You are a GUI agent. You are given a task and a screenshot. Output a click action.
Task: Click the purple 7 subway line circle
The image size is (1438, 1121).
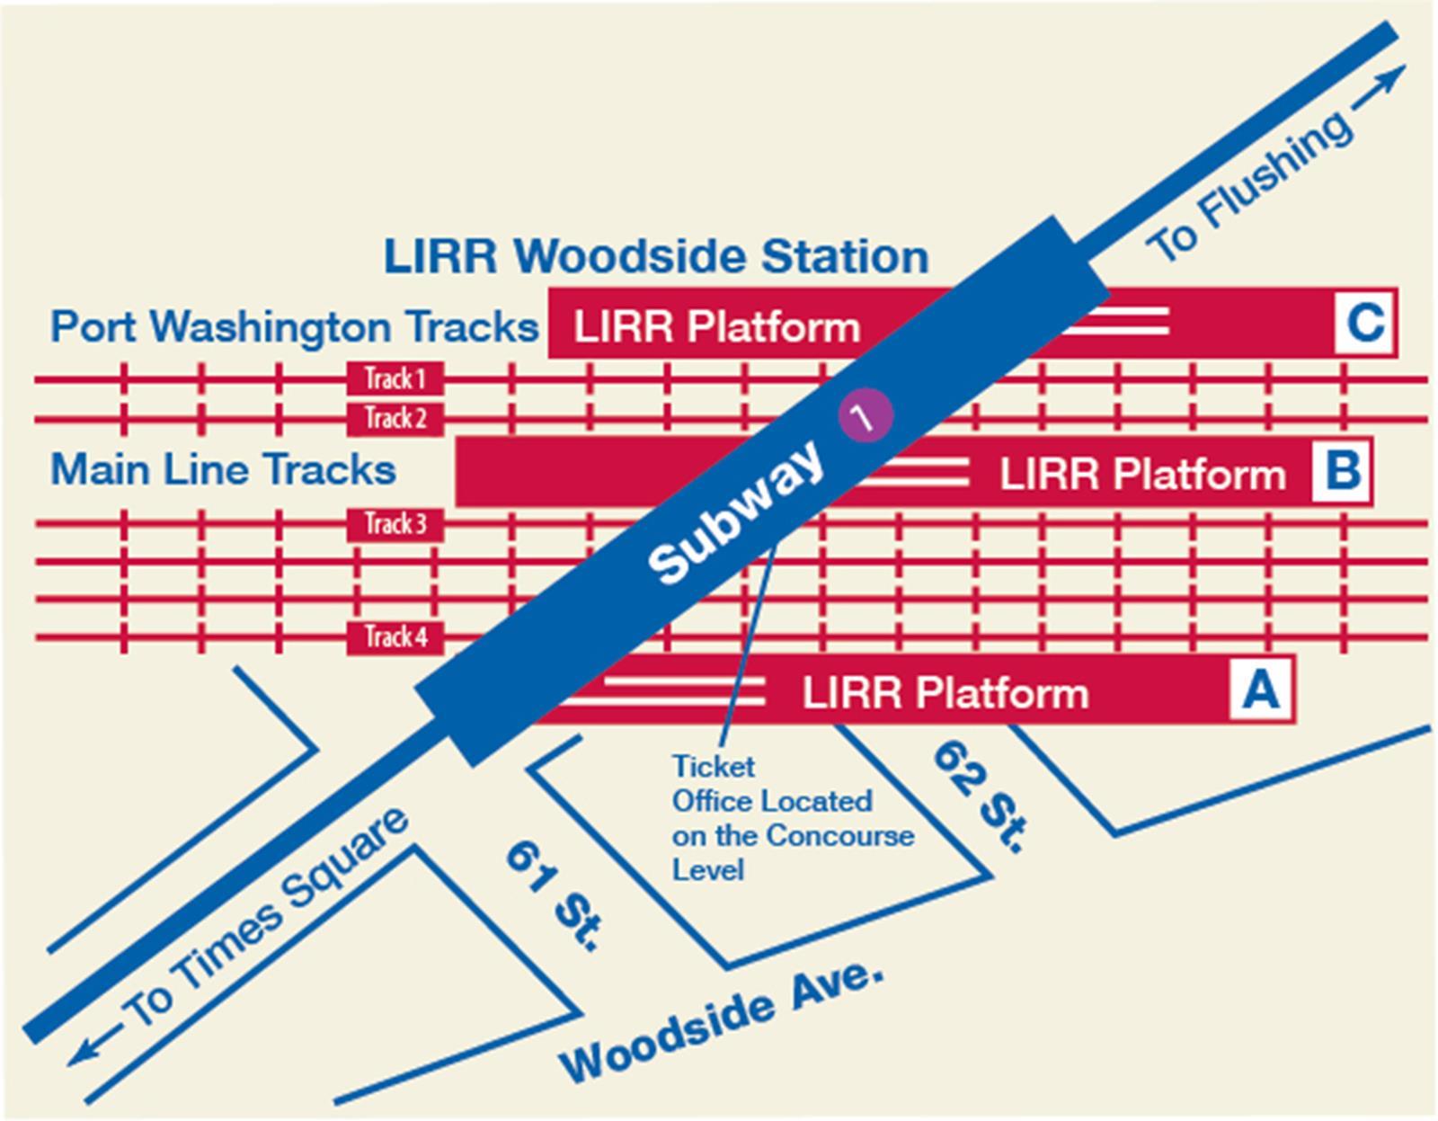coord(865,417)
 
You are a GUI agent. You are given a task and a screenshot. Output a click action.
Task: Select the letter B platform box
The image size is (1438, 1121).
coord(1342,471)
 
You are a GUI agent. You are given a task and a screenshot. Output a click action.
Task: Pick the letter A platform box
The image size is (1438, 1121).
coord(1261,690)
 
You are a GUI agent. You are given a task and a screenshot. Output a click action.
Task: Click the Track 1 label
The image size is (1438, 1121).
coord(395,378)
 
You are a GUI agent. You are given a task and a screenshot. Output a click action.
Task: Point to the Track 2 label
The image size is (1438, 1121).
coord(395,418)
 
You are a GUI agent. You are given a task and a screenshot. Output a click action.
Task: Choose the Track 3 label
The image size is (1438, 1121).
coord(395,524)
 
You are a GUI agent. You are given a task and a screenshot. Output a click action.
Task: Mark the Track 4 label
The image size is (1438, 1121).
coord(395,637)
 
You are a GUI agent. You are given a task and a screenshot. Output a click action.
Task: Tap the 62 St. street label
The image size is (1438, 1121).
coord(980,796)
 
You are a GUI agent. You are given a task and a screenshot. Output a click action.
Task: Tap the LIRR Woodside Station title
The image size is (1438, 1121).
coord(655,256)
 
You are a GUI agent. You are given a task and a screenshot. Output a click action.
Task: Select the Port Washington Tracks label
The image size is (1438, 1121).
coord(294,326)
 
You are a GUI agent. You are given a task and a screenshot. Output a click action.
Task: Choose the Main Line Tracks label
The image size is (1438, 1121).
coord(223,470)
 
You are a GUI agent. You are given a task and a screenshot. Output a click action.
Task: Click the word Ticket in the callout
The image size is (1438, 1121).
coord(714,767)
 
